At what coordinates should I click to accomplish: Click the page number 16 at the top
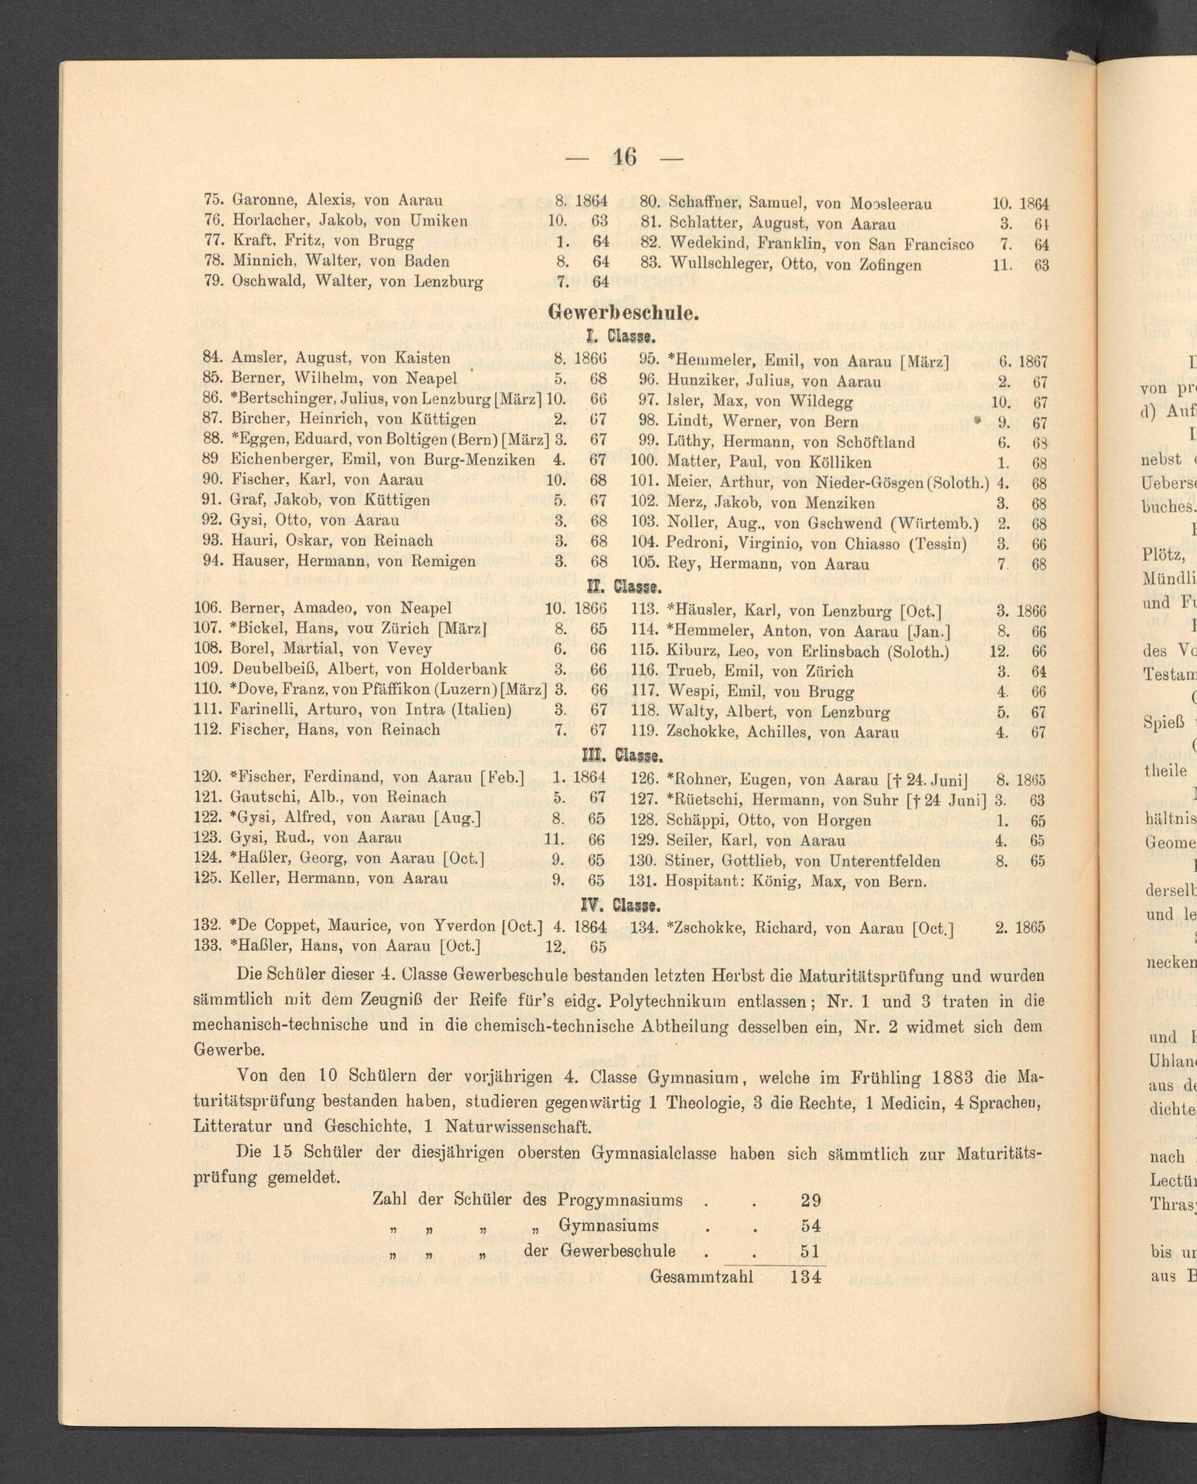coord(622,158)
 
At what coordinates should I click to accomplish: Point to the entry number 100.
coord(645,462)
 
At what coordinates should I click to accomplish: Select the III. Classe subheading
coord(623,756)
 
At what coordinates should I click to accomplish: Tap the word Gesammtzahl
coord(701,1257)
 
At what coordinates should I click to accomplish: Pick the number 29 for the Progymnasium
coord(810,1181)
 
